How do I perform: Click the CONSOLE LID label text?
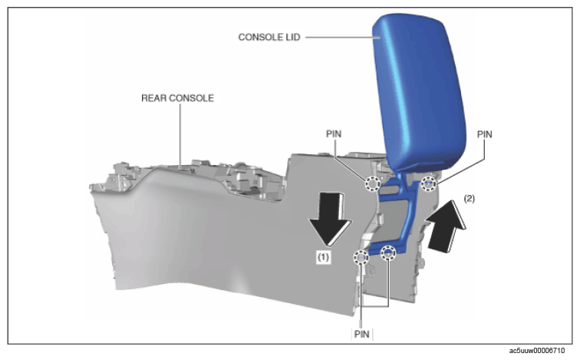pyautogui.click(x=269, y=37)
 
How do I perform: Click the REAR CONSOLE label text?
pyautogui.click(x=177, y=98)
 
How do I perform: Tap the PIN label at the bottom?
pyautogui.click(x=362, y=334)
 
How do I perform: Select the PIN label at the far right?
pyautogui.click(x=485, y=134)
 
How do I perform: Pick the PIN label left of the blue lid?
pyautogui.click(x=334, y=134)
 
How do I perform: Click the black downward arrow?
pyautogui.click(x=331, y=218)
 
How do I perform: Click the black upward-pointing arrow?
pyautogui.click(x=445, y=226)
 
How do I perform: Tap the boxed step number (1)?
pyautogui.click(x=323, y=257)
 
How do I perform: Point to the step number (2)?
pyautogui.click(x=469, y=199)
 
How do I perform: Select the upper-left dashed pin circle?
pyautogui.click(x=373, y=183)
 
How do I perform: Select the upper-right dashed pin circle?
pyautogui.click(x=429, y=183)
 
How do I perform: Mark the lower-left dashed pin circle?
pyautogui.click(x=361, y=257)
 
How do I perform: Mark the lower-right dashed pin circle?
pyautogui.click(x=388, y=253)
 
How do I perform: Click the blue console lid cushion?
pyautogui.click(x=418, y=93)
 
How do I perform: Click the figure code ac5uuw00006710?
pyautogui.click(x=537, y=351)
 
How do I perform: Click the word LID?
pyautogui.click(x=292, y=37)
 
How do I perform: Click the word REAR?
pyautogui.click(x=153, y=98)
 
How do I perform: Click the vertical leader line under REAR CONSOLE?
pyautogui.click(x=180, y=136)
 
